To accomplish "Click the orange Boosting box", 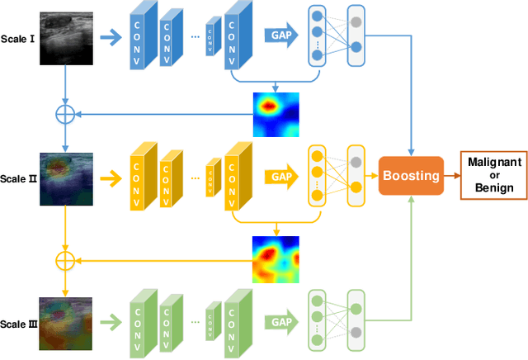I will (410, 175).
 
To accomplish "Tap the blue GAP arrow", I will (281, 36).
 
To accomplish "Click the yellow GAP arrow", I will (281, 176).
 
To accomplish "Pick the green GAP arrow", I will (281, 322).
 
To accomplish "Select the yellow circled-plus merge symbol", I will (65, 260).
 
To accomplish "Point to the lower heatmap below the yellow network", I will (276, 258).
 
